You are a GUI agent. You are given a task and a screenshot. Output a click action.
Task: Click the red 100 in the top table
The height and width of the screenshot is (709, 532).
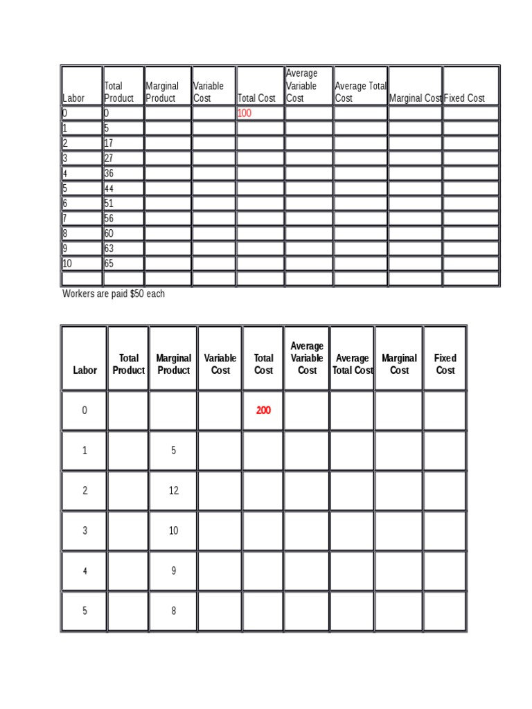(245, 113)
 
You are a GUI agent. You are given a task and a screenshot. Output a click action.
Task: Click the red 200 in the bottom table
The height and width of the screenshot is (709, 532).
(263, 411)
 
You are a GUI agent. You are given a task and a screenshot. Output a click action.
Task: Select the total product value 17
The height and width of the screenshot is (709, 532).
(109, 143)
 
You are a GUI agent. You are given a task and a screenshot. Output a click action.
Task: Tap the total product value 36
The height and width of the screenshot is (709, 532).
(109, 174)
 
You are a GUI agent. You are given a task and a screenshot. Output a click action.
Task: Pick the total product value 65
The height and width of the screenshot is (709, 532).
(109, 264)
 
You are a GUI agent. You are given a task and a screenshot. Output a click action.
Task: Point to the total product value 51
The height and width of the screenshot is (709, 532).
(109, 204)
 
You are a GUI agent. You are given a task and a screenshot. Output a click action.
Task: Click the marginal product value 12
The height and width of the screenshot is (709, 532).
(173, 491)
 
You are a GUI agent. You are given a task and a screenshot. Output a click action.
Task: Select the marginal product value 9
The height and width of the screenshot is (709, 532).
(173, 571)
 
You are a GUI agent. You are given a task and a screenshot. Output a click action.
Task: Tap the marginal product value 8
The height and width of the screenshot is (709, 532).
(173, 611)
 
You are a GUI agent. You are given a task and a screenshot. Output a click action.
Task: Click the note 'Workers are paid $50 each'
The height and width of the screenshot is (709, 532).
(114, 294)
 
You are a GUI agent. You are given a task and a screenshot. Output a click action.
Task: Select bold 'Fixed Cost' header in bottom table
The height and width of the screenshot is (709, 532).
(445, 364)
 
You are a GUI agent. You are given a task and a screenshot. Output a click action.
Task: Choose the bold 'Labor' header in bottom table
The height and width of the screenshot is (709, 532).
(85, 370)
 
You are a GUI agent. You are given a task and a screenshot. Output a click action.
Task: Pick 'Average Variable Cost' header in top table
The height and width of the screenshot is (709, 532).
(301, 86)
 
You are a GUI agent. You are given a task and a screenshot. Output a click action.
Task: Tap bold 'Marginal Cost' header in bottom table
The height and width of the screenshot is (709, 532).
(399, 364)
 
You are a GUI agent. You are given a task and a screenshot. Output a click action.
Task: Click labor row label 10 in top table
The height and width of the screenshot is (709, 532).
(67, 264)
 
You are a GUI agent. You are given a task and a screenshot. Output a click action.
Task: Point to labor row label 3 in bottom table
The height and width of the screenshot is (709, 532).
(85, 531)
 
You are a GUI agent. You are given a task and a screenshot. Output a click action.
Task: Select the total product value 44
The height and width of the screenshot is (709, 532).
(109, 188)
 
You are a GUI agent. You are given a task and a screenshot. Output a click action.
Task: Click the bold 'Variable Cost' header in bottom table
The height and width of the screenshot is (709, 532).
(220, 364)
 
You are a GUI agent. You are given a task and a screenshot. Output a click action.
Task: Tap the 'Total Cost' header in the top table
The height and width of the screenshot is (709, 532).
(256, 98)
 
